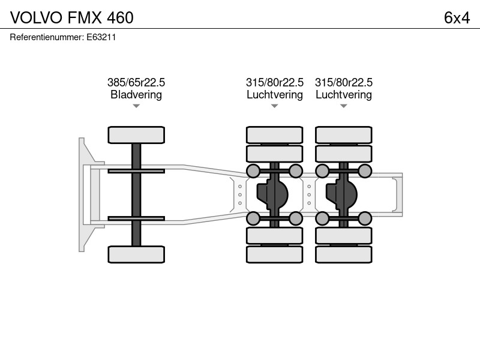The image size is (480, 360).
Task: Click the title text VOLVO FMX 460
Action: (x=71, y=17)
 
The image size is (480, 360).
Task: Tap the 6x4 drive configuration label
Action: (x=457, y=18)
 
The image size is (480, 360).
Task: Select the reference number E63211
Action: (x=101, y=37)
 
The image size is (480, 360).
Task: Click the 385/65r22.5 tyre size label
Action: (x=136, y=82)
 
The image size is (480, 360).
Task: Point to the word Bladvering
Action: (x=136, y=95)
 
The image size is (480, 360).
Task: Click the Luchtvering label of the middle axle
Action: (x=275, y=95)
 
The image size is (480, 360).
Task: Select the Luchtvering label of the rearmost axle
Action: (x=343, y=95)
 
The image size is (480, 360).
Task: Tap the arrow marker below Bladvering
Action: (x=136, y=106)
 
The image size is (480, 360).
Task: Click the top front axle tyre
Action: (x=136, y=135)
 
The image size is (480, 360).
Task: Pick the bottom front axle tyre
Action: (x=136, y=254)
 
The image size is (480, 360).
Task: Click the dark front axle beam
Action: (x=136, y=195)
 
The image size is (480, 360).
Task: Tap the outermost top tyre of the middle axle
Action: (x=275, y=135)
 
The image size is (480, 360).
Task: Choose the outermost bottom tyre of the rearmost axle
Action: (x=343, y=254)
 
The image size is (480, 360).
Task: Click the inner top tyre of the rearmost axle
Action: (x=343, y=154)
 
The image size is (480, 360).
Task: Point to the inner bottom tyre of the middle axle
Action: (x=275, y=236)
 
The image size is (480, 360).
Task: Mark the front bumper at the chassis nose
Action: (x=82, y=194)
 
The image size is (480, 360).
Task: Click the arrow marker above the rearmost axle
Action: (x=343, y=106)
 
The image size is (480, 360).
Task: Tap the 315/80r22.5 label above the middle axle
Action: (x=275, y=82)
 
